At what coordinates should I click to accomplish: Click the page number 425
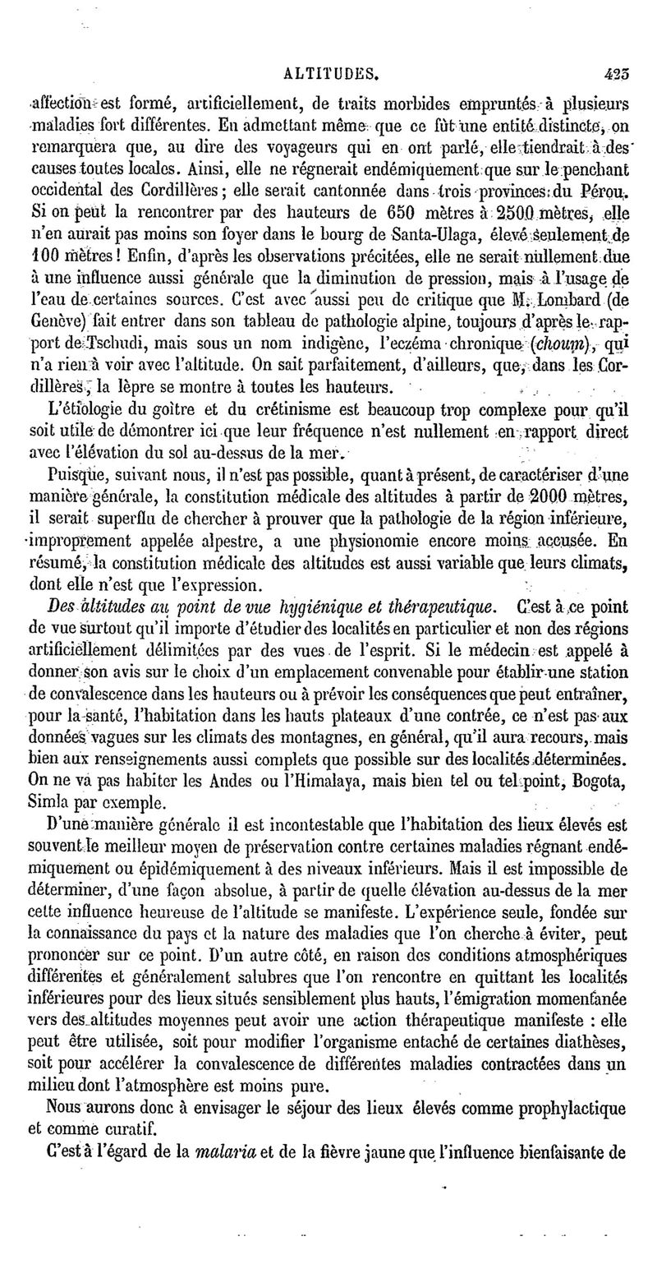point(617,72)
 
